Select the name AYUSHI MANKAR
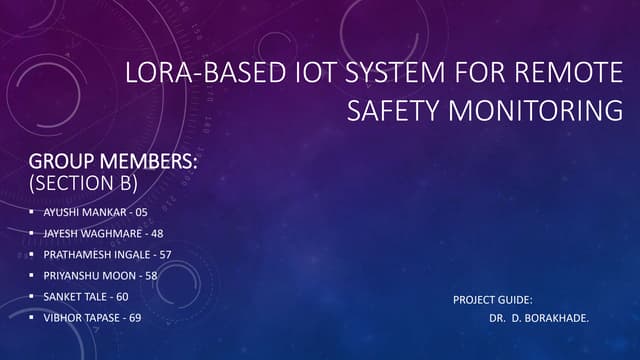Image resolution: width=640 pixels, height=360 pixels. click(x=79, y=213)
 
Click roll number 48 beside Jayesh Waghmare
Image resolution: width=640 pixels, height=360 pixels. click(x=157, y=233)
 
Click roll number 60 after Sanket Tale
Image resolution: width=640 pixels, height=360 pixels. click(x=122, y=296)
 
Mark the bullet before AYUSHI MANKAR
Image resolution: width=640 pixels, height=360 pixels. click(x=32, y=213)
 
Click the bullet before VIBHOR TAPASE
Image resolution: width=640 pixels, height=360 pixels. click(x=32, y=317)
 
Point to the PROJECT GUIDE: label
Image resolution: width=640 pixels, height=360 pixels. click(x=492, y=299)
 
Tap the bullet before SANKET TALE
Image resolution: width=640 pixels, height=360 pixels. click(x=32, y=296)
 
